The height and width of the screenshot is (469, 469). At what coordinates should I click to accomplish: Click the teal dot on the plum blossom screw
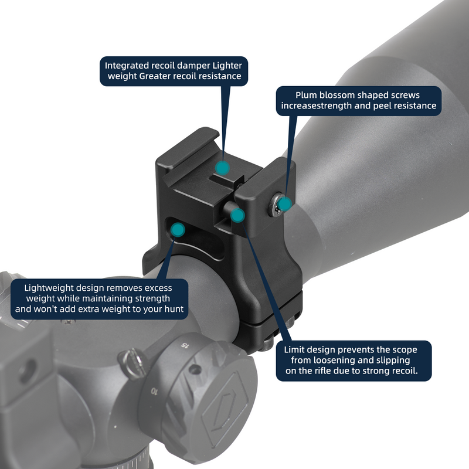tap(285, 204)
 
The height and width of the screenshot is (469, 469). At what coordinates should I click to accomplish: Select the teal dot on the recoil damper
tap(221, 167)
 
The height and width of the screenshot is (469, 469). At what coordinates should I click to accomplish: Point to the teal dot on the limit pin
tap(237, 215)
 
